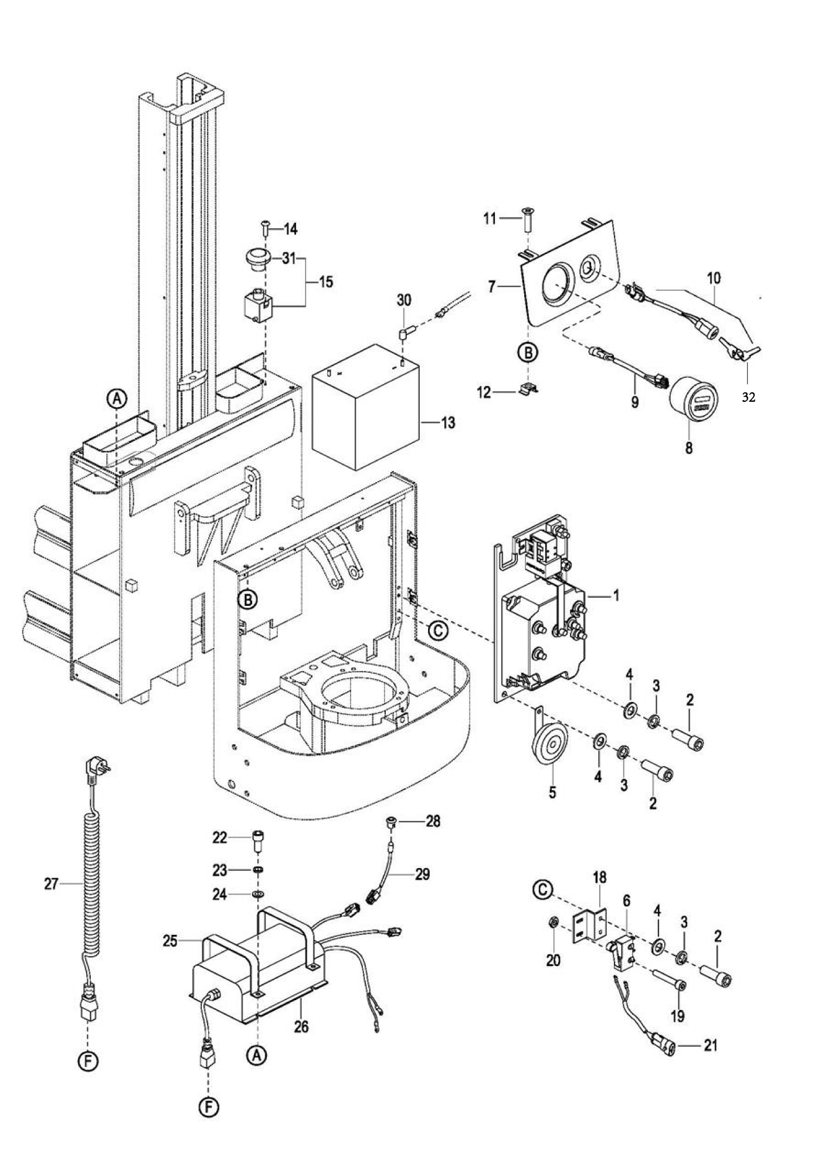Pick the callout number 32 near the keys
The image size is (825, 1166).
pyautogui.click(x=749, y=397)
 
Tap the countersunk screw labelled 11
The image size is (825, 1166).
pyautogui.click(x=528, y=219)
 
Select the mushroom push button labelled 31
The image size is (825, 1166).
pyautogui.click(x=256, y=259)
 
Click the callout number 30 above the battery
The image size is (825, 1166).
pyautogui.click(x=404, y=300)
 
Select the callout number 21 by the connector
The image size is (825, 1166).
pyautogui.click(x=711, y=1045)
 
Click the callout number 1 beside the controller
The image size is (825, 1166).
pyautogui.click(x=616, y=595)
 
